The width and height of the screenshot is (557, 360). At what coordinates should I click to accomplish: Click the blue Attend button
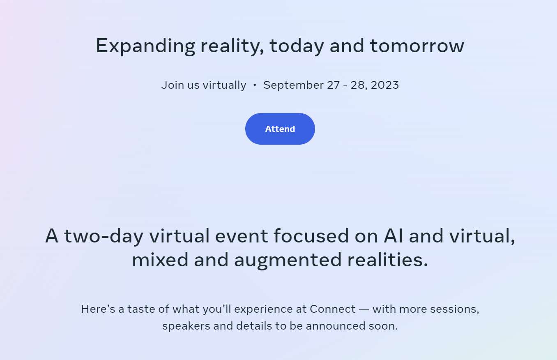click(280, 129)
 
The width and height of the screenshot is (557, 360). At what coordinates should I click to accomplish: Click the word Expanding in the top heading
click(145, 46)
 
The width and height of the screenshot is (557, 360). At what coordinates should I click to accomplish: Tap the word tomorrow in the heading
click(417, 46)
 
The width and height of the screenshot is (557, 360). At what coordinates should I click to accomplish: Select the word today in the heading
click(297, 46)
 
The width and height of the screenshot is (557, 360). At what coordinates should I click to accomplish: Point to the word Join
click(173, 85)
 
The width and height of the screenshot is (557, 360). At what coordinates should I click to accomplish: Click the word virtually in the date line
click(225, 85)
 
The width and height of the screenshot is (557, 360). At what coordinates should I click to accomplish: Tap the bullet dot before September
click(255, 85)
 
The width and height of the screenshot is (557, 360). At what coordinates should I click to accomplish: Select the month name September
click(293, 85)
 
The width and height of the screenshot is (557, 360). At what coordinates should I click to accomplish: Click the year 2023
click(384, 85)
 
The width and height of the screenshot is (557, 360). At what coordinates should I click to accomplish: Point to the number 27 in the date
click(333, 85)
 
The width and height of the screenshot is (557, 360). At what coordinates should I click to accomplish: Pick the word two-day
click(104, 237)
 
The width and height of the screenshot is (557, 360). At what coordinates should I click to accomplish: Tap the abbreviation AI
click(393, 235)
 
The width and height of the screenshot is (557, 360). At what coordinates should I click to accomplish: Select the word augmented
click(288, 261)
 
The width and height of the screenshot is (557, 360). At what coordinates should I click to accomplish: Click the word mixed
click(160, 259)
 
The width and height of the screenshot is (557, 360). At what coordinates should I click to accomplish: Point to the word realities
click(387, 259)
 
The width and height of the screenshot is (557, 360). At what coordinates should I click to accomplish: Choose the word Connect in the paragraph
click(332, 309)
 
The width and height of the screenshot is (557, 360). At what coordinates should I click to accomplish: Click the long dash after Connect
click(364, 310)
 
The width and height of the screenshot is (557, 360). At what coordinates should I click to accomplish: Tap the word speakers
click(186, 326)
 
